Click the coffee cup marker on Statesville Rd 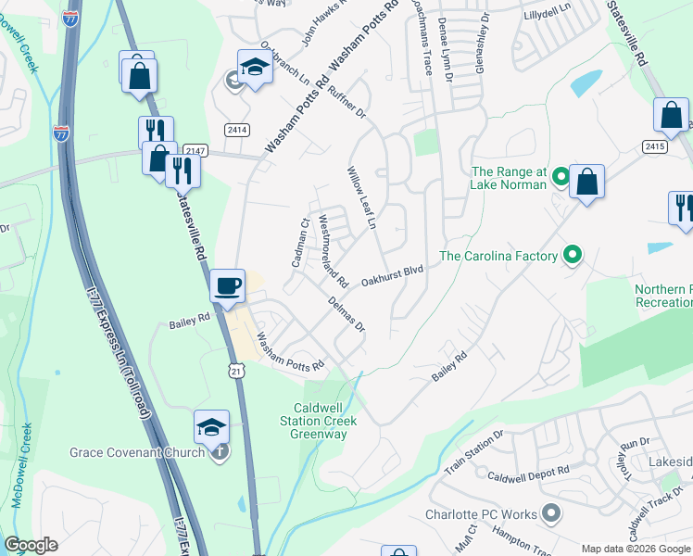click(x=226, y=285)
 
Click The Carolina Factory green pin click(x=573, y=255)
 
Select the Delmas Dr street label click(x=347, y=314)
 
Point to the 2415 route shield click(x=655, y=146)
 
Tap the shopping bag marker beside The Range click(x=586, y=181)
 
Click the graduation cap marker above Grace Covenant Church click(x=212, y=426)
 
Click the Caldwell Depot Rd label click(x=528, y=474)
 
